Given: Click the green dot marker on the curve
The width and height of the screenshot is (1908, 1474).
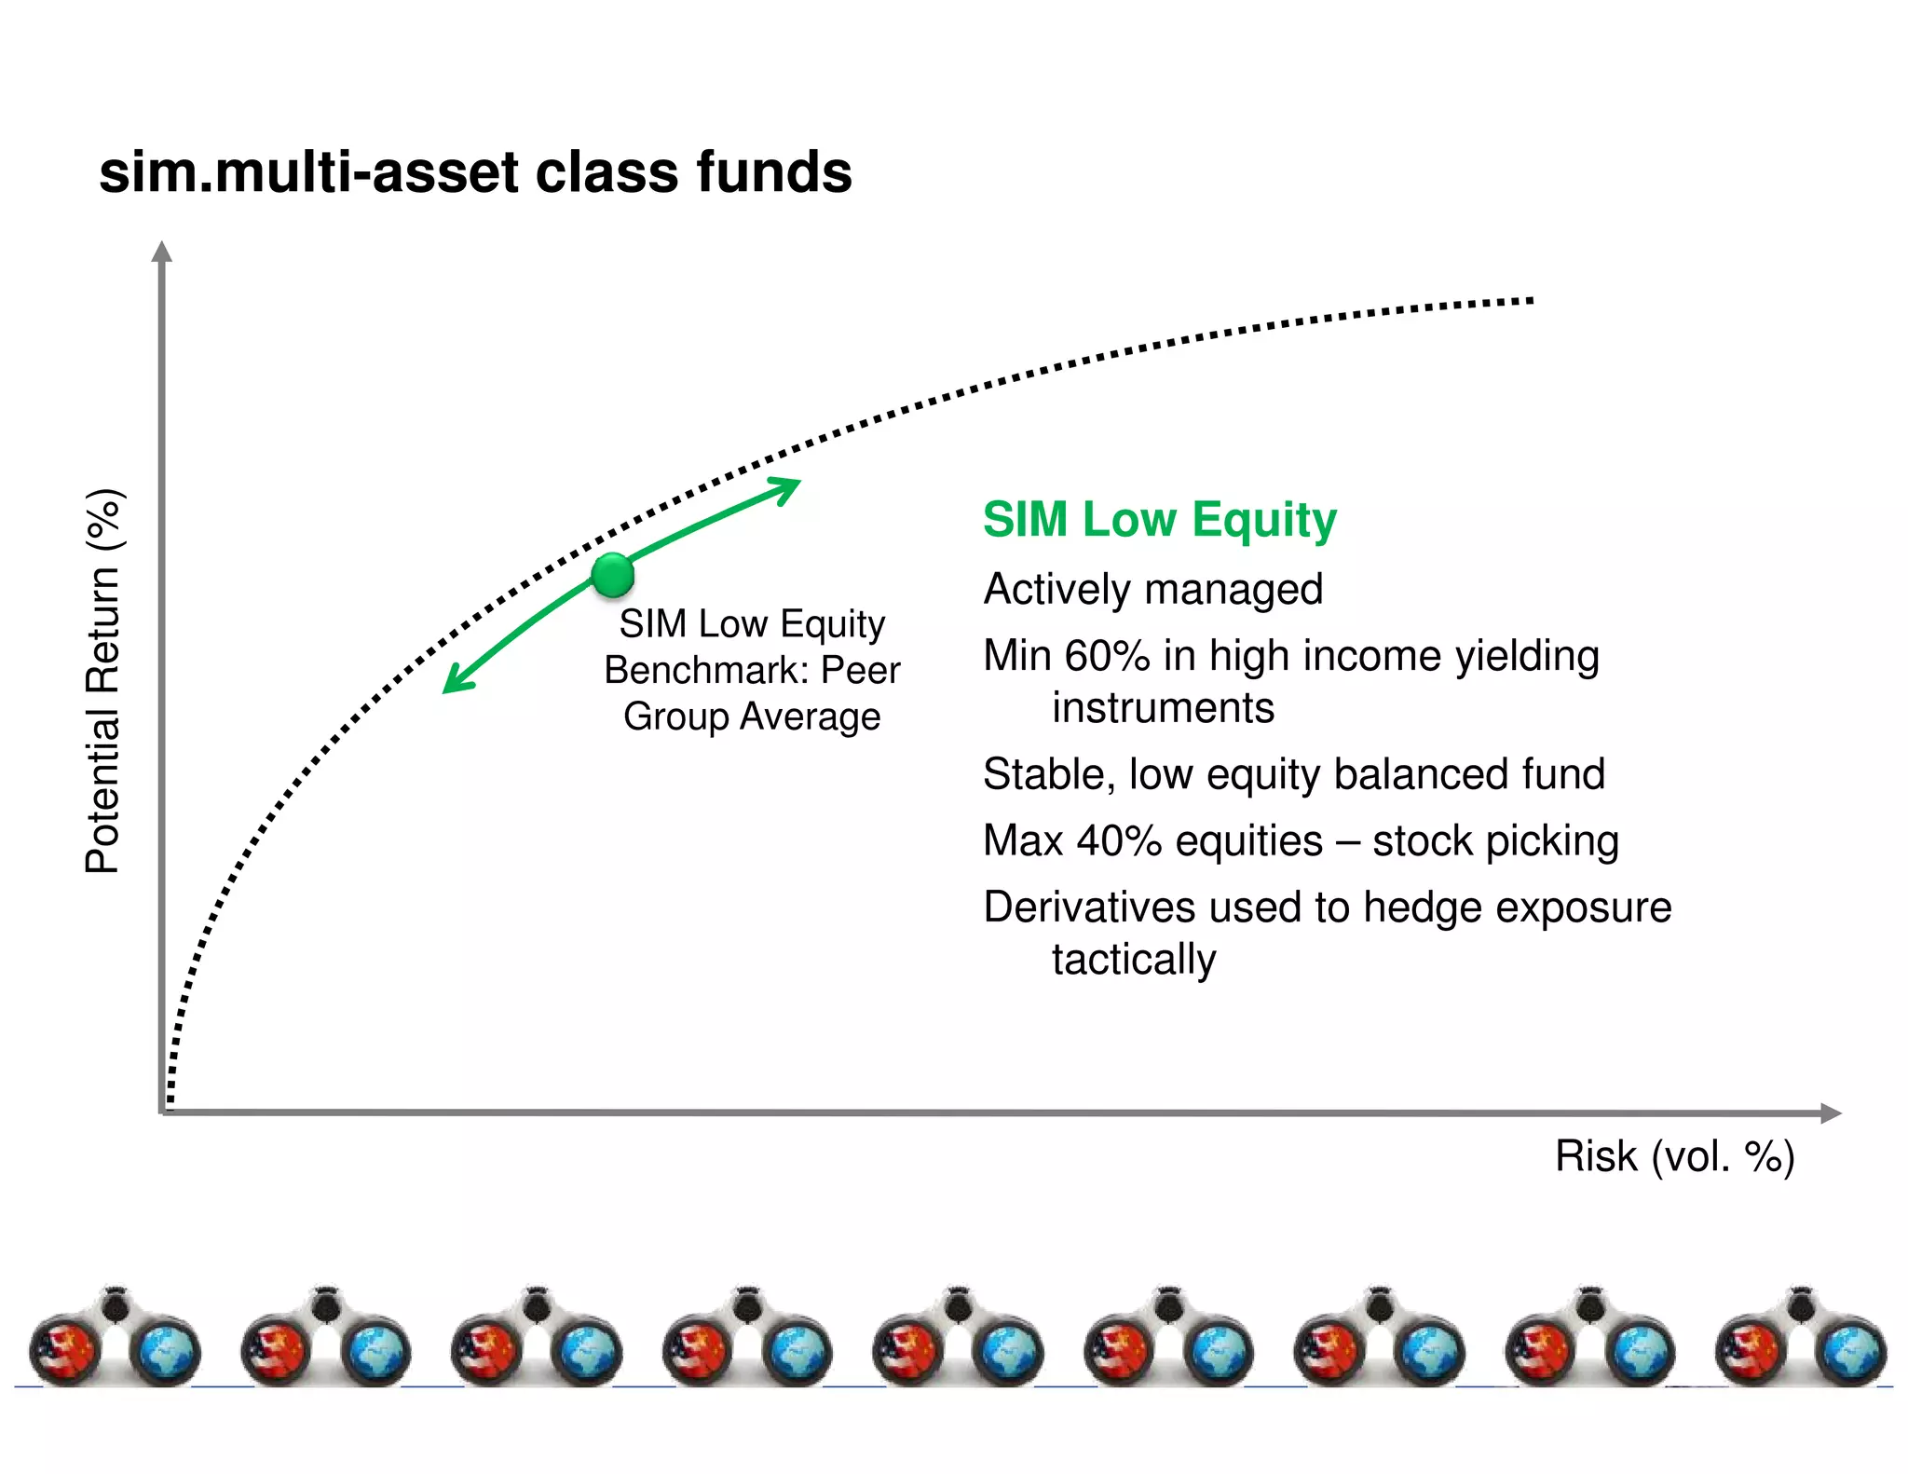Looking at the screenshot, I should tap(612, 574).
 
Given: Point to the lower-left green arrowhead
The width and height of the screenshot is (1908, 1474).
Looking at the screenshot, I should tap(455, 682).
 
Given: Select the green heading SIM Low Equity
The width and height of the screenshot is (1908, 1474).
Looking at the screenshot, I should tap(1159, 520).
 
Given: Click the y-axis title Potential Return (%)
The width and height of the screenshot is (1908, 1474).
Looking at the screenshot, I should tap(103, 681).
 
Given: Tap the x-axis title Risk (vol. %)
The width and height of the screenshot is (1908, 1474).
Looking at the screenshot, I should tap(1674, 1156).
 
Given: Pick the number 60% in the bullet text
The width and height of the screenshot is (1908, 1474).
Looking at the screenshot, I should tap(1108, 656).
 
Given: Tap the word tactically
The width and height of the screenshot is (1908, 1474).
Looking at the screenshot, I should tap(1134, 960).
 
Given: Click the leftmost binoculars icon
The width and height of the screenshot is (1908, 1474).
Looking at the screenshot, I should tap(115, 1338).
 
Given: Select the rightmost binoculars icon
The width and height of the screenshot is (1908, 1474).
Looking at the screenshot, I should tap(1800, 1338).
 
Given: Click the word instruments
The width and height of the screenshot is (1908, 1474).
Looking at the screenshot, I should tap(1163, 708).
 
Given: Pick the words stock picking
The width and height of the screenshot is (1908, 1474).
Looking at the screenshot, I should tap(1495, 840).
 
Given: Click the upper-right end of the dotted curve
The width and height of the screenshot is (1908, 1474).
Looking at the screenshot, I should tap(1529, 301).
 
